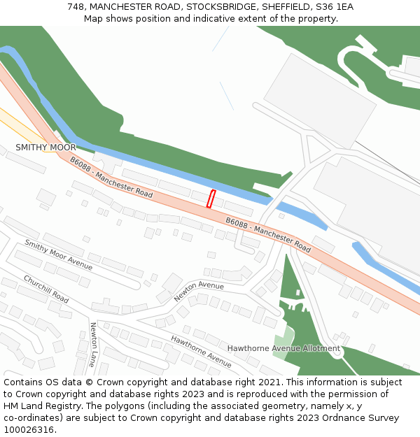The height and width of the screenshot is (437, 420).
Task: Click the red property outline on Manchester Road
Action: click(211, 199)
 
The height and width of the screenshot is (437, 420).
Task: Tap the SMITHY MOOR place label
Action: click(45, 148)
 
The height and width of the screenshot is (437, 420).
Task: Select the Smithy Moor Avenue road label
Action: click(58, 255)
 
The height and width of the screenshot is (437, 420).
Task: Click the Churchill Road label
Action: click(46, 289)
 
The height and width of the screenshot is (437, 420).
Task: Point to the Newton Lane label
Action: click(92, 344)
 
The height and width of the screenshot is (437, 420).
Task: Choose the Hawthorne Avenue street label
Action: click(201, 351)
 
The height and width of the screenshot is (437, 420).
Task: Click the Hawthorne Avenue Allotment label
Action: click(283, 348)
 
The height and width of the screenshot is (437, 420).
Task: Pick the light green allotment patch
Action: click(283, 343)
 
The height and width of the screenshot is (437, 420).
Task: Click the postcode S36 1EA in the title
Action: click(335, 7)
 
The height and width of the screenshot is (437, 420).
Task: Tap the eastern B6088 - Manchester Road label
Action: click(268, 235)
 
